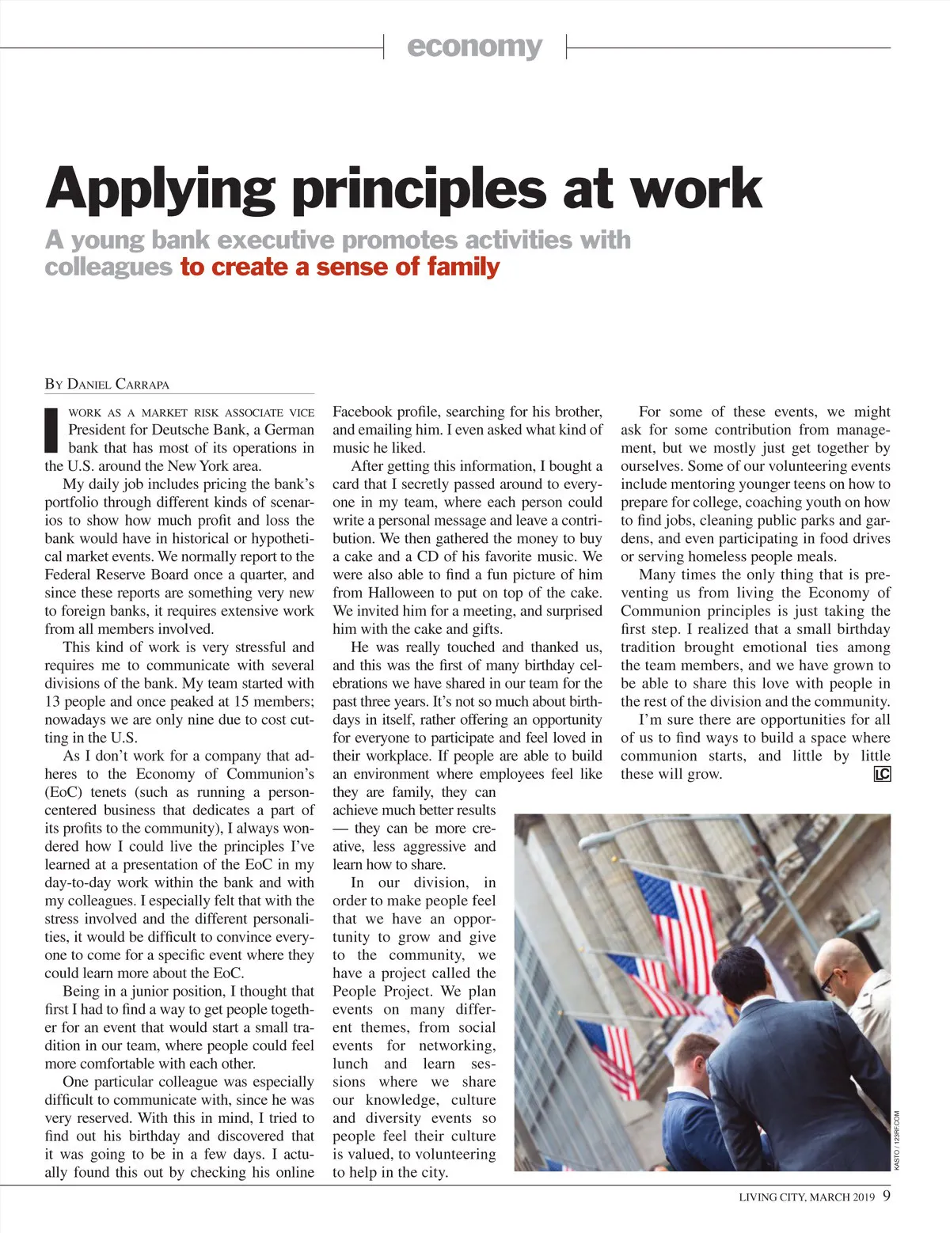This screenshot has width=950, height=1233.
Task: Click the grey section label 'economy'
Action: (x=474, y=47)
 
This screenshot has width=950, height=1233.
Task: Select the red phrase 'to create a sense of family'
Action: (x=340, y=267)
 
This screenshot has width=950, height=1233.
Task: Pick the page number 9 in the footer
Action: (x=887, y=1195)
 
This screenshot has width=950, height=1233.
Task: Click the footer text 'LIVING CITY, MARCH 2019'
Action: (x=807, y=1197)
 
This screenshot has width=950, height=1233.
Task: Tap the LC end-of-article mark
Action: (x=882, y=774)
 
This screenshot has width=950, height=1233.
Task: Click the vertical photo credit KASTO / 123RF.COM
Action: (x=897, y=1140)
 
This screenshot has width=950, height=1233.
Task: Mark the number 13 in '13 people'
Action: (x=53, y=701)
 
